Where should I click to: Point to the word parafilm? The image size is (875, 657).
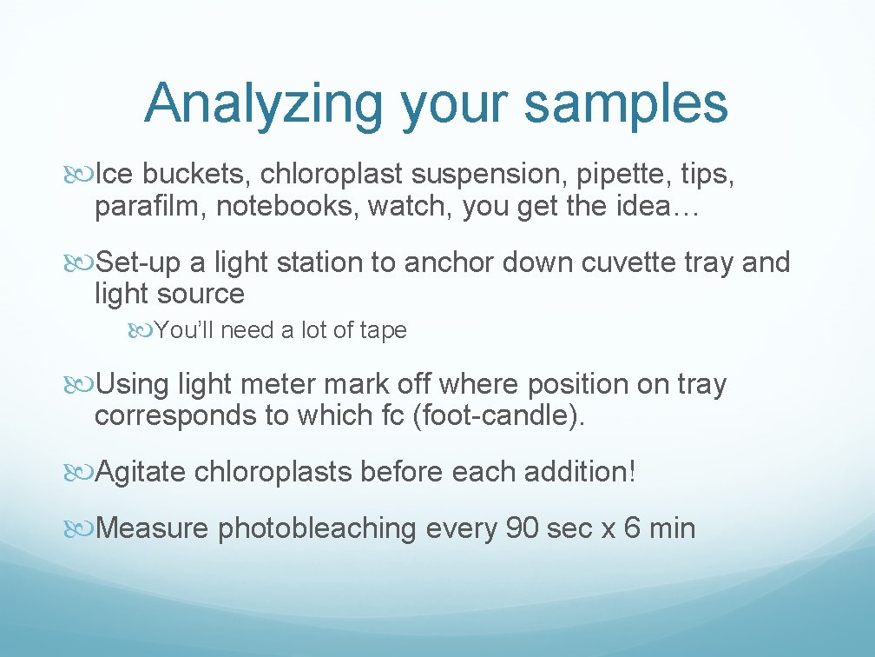[151, 207]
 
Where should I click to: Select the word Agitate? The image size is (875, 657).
[141, 472]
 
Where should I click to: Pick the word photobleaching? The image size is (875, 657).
[318, 528]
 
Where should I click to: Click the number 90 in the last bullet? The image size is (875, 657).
[522, 528]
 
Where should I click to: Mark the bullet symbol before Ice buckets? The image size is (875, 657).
[81, 175]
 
